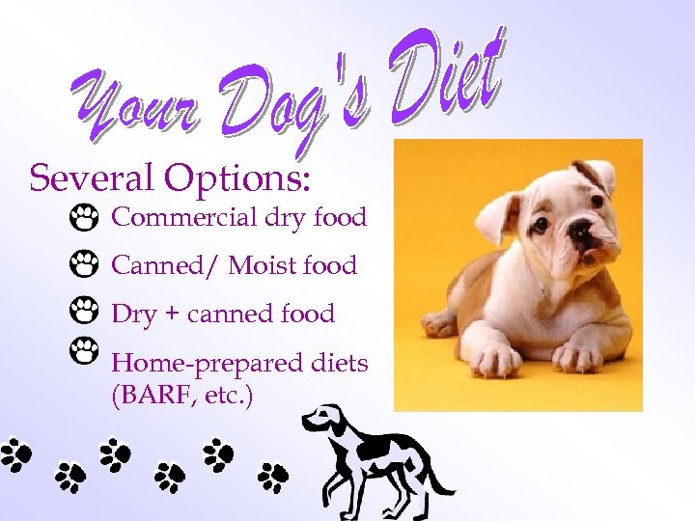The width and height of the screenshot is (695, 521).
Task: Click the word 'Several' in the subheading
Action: point(92,178)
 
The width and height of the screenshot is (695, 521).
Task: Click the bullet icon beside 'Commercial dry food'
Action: point(84,218)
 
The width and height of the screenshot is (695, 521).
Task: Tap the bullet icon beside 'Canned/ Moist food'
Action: point(84,263)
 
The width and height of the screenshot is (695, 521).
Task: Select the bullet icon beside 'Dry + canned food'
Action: point(84,311)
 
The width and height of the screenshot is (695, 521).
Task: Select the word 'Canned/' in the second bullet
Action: point(164,264)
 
